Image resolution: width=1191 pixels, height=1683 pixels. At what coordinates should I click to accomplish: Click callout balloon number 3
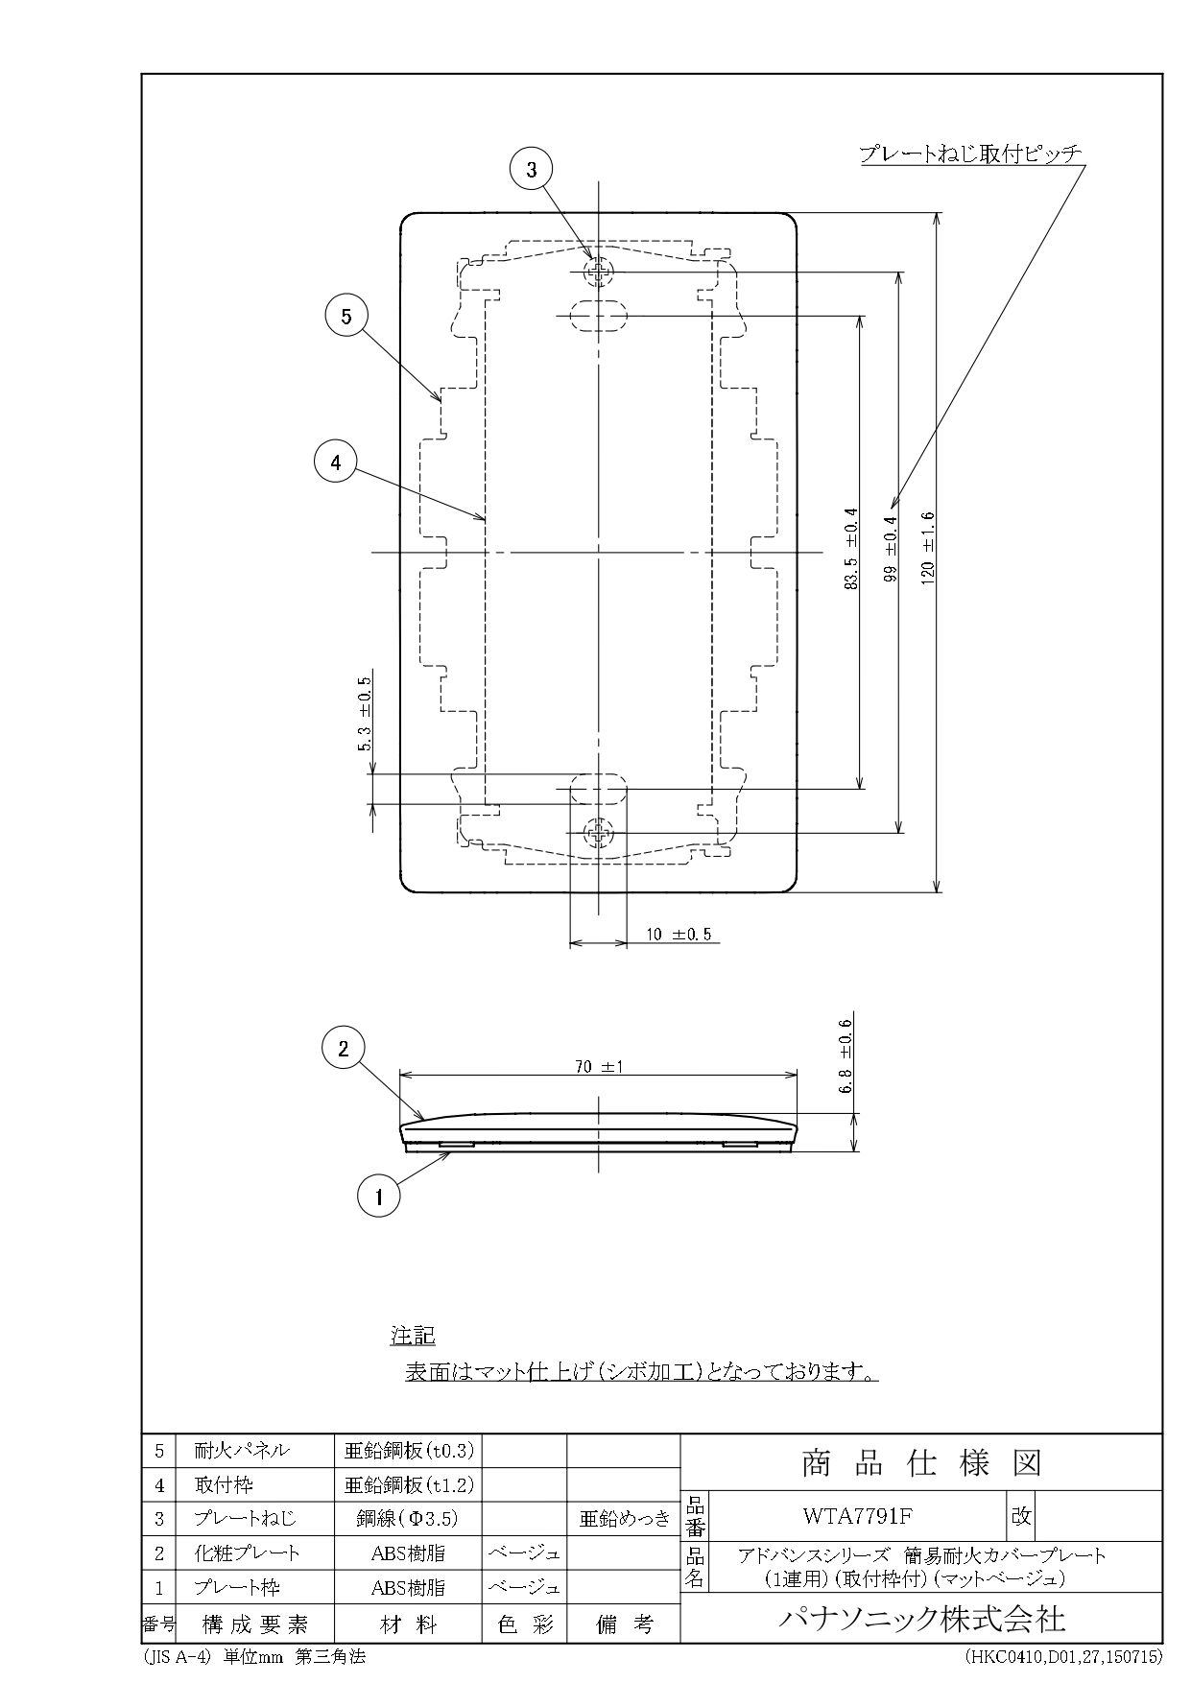pos(533,171)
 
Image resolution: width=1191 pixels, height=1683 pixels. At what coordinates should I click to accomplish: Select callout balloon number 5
pos(346,316)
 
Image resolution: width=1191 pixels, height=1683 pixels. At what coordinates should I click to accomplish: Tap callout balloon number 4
pos(335,462)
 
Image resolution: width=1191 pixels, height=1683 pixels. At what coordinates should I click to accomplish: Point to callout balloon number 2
pos(344,1048)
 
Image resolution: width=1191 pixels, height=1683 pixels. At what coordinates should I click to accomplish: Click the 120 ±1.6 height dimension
pos(927,548)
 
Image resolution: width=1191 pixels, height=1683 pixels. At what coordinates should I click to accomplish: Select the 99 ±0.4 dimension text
pos(890,550)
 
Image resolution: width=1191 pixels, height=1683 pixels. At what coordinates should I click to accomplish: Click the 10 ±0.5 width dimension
pos(679,934)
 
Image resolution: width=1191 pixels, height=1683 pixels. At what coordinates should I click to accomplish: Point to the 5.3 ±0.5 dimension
pos(365,715)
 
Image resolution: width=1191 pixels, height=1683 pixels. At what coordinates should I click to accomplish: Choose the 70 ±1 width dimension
pos(598,1066)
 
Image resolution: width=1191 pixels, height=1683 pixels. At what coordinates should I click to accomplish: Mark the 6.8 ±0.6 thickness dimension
pos(846,1056)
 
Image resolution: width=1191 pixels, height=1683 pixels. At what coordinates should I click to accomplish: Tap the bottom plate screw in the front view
pos(599,833)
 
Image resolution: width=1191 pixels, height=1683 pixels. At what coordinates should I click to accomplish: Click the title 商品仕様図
pos(920,1464)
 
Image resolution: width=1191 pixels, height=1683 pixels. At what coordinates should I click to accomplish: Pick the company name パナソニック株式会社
pos(920,1620)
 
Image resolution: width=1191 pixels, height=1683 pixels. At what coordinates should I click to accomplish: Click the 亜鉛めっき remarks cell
pos(623,1519)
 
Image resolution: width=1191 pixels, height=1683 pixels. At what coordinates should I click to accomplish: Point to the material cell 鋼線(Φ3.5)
pos(408,1519)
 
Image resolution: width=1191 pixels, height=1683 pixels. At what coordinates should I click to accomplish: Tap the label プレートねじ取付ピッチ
pos(970,154)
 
